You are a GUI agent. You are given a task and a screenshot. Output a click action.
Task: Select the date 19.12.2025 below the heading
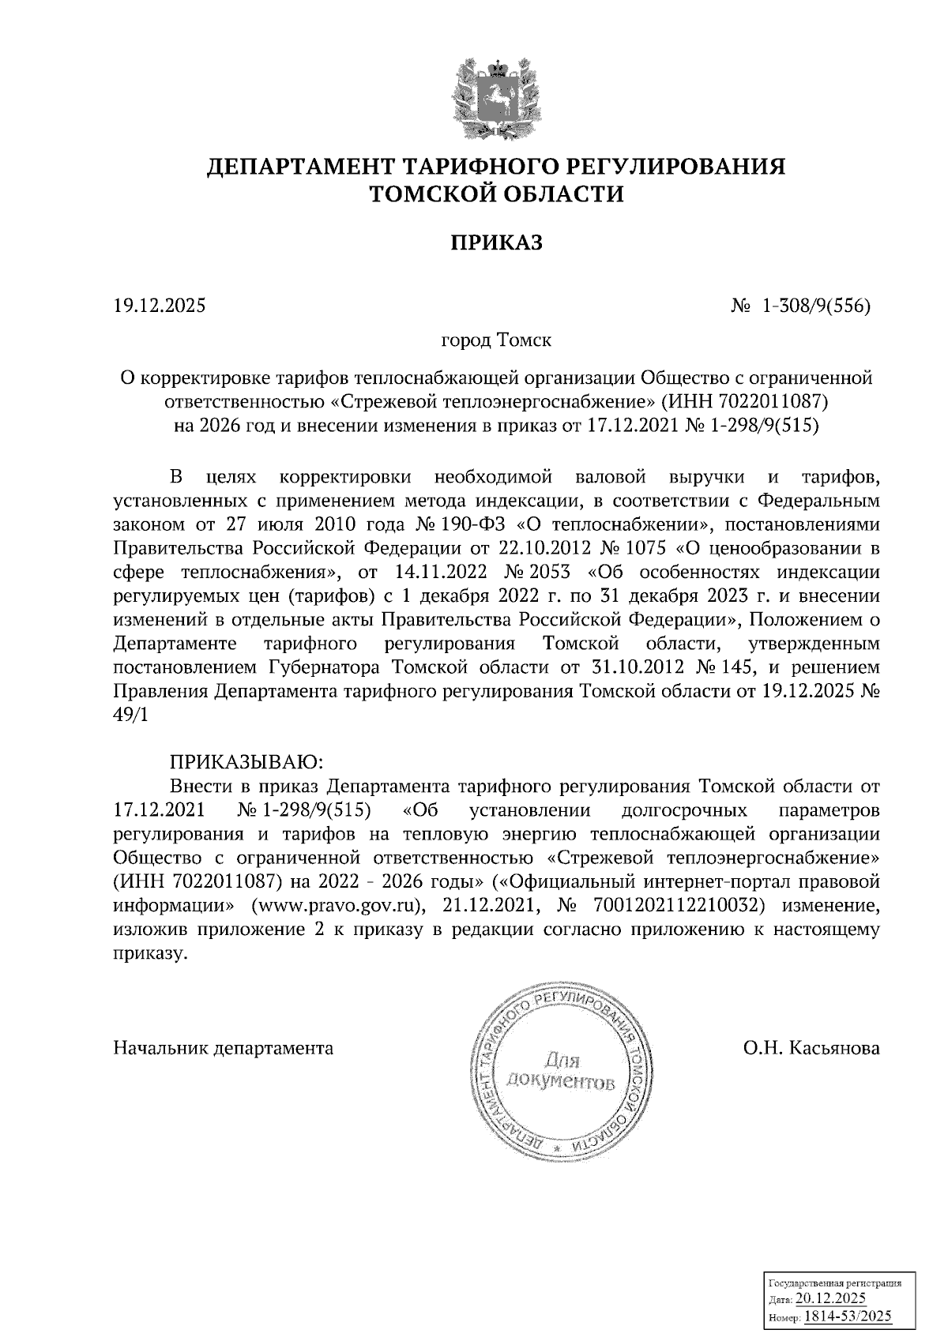coord(159,305)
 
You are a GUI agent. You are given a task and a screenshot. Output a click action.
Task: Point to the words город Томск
coord(495,341)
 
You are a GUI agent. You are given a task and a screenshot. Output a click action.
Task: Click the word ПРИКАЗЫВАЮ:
coord(246,762)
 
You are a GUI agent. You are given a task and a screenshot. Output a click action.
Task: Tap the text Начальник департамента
coord(224,1048)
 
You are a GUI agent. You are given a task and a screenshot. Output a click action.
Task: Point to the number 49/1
coord(130,714)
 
